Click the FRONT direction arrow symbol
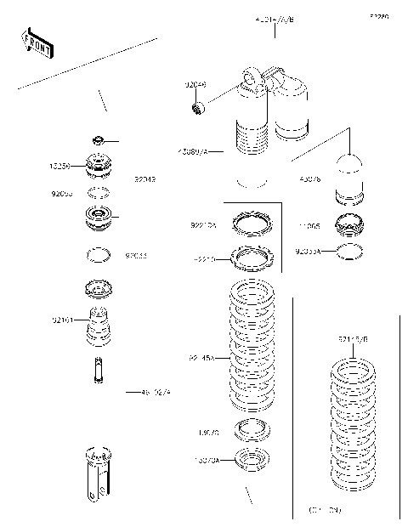[x=37, y=44]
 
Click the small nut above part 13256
[x=99, y=139]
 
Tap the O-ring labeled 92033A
[x=350, y=251]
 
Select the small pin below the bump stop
[x=99, y=370]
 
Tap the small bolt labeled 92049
[x=198, y=107]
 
